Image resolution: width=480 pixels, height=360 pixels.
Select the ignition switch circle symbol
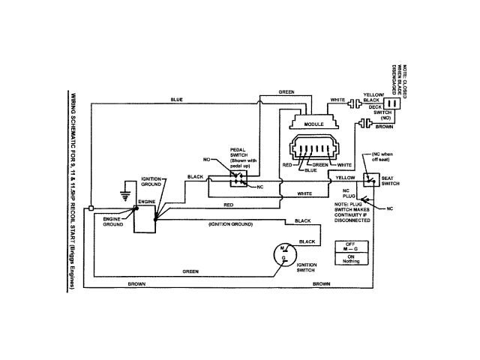(x=283, y=253)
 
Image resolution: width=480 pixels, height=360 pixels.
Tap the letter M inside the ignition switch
(x=281, y=248)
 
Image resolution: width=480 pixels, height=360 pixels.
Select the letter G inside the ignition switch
(x=283, y=259)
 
